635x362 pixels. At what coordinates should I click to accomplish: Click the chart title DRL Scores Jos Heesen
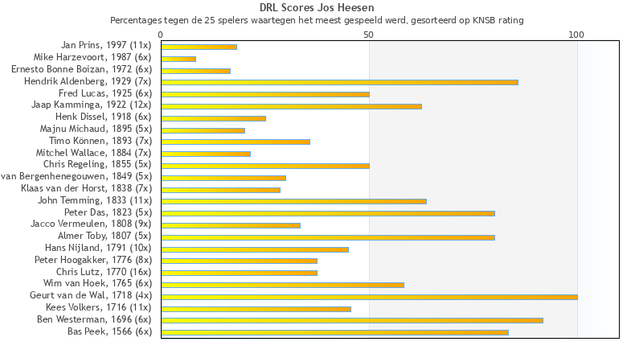pos(317,8)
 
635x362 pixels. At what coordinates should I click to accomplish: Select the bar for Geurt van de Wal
pos(369,297)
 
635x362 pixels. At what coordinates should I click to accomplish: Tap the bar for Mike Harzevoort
pos(178,58)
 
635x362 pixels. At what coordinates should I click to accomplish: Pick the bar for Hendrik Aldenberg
pos(339,82)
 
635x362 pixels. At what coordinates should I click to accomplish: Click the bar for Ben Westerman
pos(352,320)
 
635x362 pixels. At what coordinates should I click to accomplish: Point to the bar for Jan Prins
pos(199,47)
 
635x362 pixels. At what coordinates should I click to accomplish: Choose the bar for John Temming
pos(293,201)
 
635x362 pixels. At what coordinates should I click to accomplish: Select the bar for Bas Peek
pos(334,332)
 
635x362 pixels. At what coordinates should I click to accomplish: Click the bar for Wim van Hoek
pos(282,285)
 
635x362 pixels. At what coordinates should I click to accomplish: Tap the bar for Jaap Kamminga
pos(291,105)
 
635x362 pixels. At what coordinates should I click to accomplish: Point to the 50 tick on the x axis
pos(369,35)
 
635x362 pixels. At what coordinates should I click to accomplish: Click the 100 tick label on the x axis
pos(576,35)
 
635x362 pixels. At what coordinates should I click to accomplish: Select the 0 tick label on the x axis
pos(161,35)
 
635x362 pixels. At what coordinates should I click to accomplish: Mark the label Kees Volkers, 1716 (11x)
pos(100,307)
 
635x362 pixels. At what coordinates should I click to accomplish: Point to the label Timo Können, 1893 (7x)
pos(100,141)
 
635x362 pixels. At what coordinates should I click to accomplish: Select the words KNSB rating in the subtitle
pos(497,20)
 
